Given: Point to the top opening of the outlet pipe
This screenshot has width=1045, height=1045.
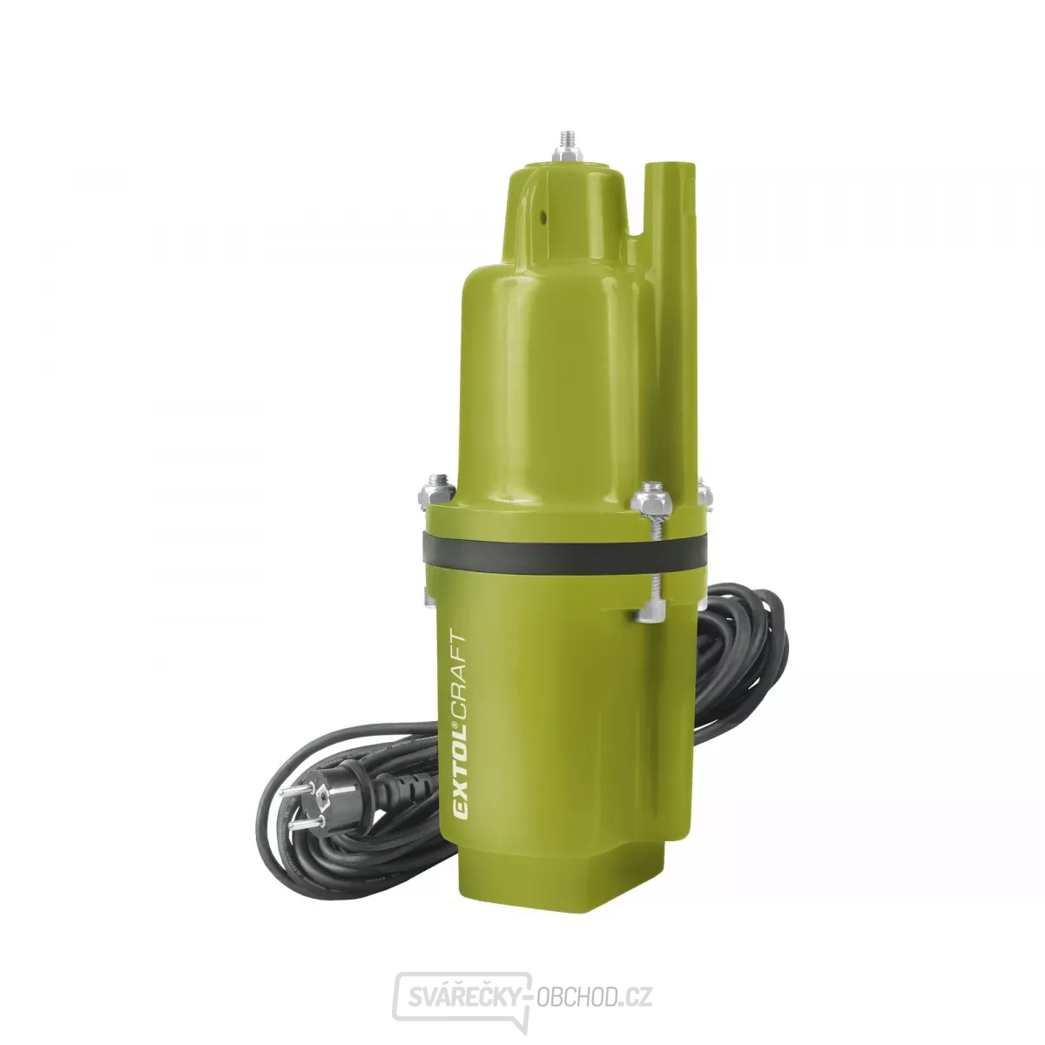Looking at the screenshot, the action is point(669,165).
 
